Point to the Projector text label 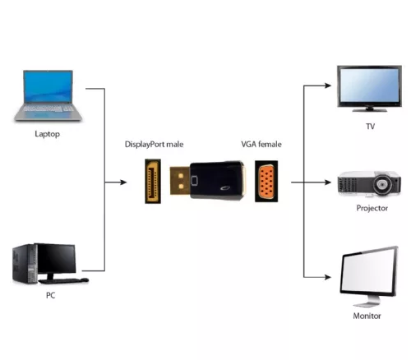(371, 208)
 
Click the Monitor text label (370, 313)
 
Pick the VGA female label (261, 145)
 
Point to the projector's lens (382, 185)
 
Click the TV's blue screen (370, 85)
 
